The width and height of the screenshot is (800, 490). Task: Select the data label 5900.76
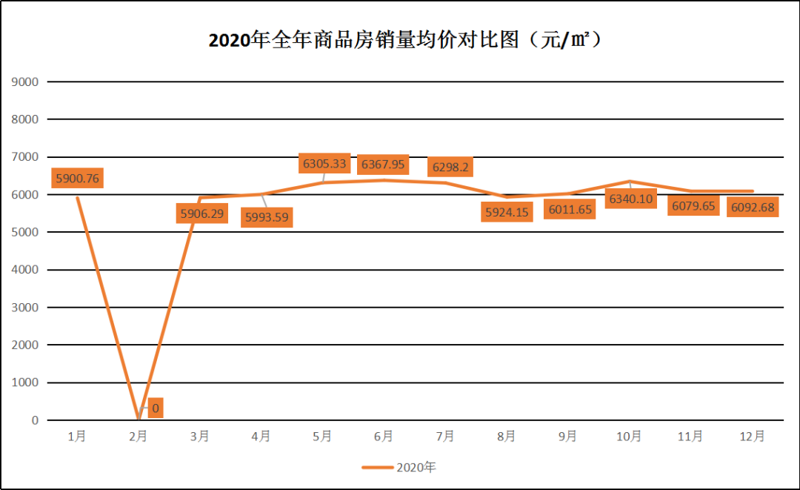coord(77,179)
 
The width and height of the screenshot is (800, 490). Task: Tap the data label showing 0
coord(156,408)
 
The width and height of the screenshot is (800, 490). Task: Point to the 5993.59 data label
coord(267,217)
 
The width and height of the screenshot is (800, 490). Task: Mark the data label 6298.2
coord(450,168)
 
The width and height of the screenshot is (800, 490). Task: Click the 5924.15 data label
coord(507,212)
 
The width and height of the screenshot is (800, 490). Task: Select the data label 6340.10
coord(631,199)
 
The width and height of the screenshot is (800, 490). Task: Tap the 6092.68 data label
coord(753,207)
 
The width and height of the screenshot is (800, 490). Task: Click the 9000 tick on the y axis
coord(26,82)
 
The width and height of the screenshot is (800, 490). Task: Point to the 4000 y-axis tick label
coord(26,270)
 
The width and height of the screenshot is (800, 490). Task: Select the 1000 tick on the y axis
coord(26,383)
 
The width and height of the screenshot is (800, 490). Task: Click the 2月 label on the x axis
coord(138,437)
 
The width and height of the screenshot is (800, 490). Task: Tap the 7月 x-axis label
coord(445,437)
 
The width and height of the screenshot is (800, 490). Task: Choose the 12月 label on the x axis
coord(753,437)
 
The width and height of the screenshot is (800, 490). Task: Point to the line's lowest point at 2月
coord(139,420)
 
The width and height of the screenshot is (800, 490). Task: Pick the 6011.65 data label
coord(570,209)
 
